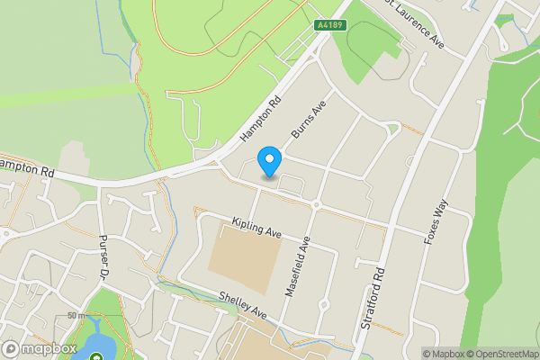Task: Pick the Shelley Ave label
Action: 244,304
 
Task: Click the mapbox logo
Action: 40,349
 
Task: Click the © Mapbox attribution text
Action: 442,354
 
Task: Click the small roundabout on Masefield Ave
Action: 316,204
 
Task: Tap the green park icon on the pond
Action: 96,355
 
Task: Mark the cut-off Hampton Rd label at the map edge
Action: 27,168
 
